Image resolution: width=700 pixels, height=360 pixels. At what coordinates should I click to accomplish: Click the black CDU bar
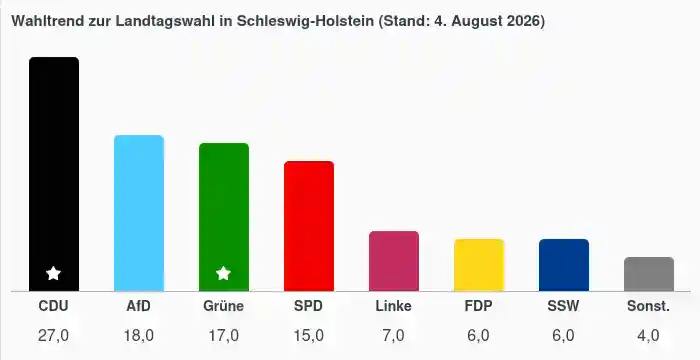[54, 174]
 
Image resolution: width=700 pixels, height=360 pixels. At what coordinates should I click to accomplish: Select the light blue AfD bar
[139, 213]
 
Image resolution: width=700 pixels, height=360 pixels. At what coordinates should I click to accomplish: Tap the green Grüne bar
[224, 217]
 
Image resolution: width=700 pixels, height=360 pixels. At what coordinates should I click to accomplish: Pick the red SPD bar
[309, 226]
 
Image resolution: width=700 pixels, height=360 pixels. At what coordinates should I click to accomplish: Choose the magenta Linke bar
[394, 261]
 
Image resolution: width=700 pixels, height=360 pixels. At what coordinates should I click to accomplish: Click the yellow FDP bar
[479, 265]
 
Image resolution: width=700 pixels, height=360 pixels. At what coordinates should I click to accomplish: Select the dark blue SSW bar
[564, 265]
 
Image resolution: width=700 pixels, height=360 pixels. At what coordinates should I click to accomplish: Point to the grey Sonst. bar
[649, 274]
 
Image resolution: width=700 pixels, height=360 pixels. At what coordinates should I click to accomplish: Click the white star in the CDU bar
[54, 273]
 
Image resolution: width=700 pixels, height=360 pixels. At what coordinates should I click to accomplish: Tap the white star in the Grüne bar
[224, 273]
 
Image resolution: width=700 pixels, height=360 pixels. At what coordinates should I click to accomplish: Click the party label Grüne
[224, 306]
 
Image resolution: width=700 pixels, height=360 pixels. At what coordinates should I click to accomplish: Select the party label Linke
[393, 306]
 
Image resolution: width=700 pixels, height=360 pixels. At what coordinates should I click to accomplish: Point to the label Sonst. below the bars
[649, 306]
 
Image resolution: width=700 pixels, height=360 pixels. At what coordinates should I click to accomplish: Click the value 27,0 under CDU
[54, 335]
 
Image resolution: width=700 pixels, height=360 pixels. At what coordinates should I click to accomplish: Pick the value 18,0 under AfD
[138, 335]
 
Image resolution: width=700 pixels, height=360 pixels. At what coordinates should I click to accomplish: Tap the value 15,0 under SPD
[308, 335]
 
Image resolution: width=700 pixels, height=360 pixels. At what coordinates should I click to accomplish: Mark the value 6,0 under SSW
[563, 335]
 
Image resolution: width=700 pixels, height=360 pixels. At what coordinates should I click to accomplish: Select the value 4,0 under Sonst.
[648, 335]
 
